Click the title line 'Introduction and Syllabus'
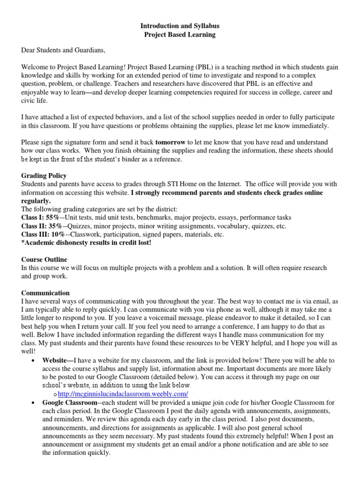tap(180, 26)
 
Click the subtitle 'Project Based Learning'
tap(180, 35)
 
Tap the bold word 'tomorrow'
tap(171, 142)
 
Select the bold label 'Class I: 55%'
tap(41, 217)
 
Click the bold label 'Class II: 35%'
tap(42, 226)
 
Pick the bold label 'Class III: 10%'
tap(43, 234)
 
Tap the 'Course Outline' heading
tap(44, 259)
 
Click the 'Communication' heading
tap(45, 293)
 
